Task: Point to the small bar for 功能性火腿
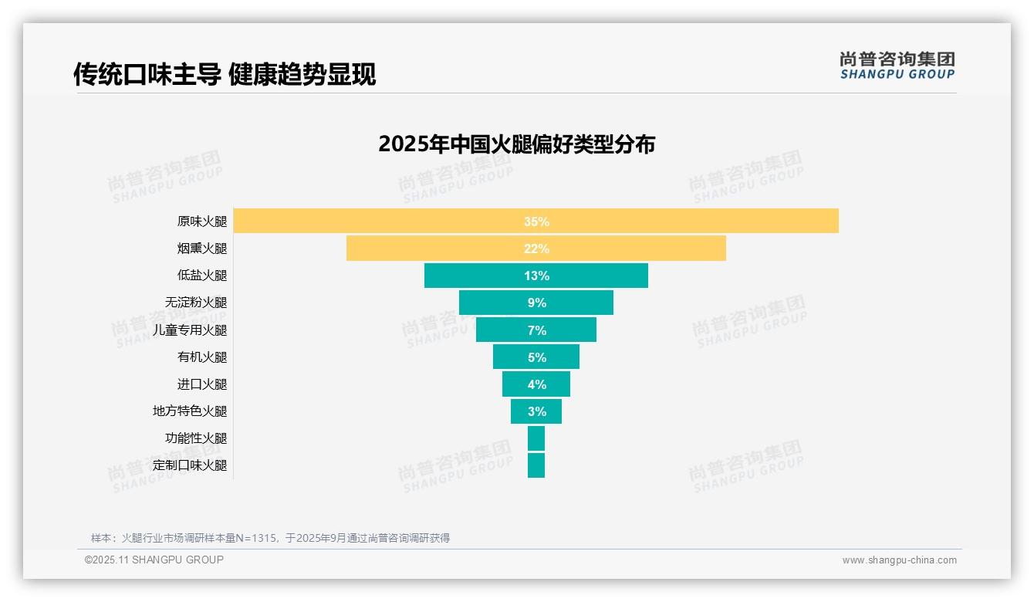536,438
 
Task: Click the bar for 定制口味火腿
536,465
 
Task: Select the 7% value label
536,330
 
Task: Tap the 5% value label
536,357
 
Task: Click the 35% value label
536,222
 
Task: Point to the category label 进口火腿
202,384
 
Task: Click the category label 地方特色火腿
190,411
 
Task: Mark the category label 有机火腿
202,357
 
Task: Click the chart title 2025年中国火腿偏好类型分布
516,144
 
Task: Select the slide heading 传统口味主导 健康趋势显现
225,75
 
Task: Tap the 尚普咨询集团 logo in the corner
897,65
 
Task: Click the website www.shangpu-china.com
899,560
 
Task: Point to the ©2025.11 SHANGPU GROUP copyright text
154,560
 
